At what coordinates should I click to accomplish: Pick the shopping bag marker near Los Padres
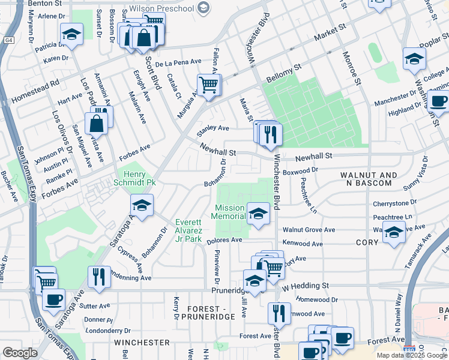click(x=97, y=124)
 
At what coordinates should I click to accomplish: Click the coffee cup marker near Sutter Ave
click(x=53, y=298)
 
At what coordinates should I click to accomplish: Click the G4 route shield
click(x=8, y=40)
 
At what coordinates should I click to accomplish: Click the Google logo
click(x=20, y=352)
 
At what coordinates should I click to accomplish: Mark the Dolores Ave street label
click(x=223, y=239)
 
